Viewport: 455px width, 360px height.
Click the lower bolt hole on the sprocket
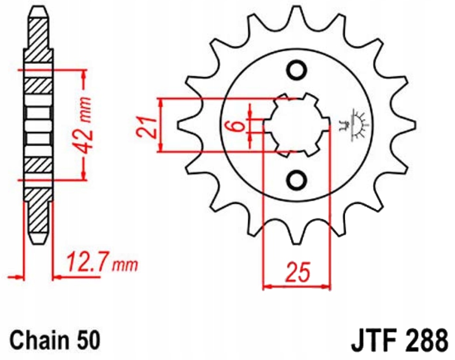point(296,179)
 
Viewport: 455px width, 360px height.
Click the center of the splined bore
point(296,125)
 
